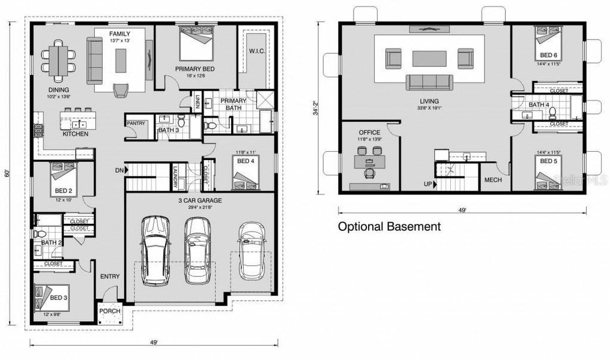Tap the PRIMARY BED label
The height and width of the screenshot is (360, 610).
coord(196,68)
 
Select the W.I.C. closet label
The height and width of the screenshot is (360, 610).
coord(256,50)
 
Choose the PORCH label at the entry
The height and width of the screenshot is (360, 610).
coord(110,311)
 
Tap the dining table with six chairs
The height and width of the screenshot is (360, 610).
coord(59,59)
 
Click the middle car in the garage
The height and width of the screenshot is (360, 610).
coord(198,249)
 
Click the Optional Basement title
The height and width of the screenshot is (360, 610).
coord(389,227)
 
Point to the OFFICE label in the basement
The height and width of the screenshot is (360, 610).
coord(370,132)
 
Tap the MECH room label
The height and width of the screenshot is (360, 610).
coord(493,180)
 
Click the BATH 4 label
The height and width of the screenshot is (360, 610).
coord(539,105)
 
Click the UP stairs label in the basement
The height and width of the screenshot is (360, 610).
coord(428,184)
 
